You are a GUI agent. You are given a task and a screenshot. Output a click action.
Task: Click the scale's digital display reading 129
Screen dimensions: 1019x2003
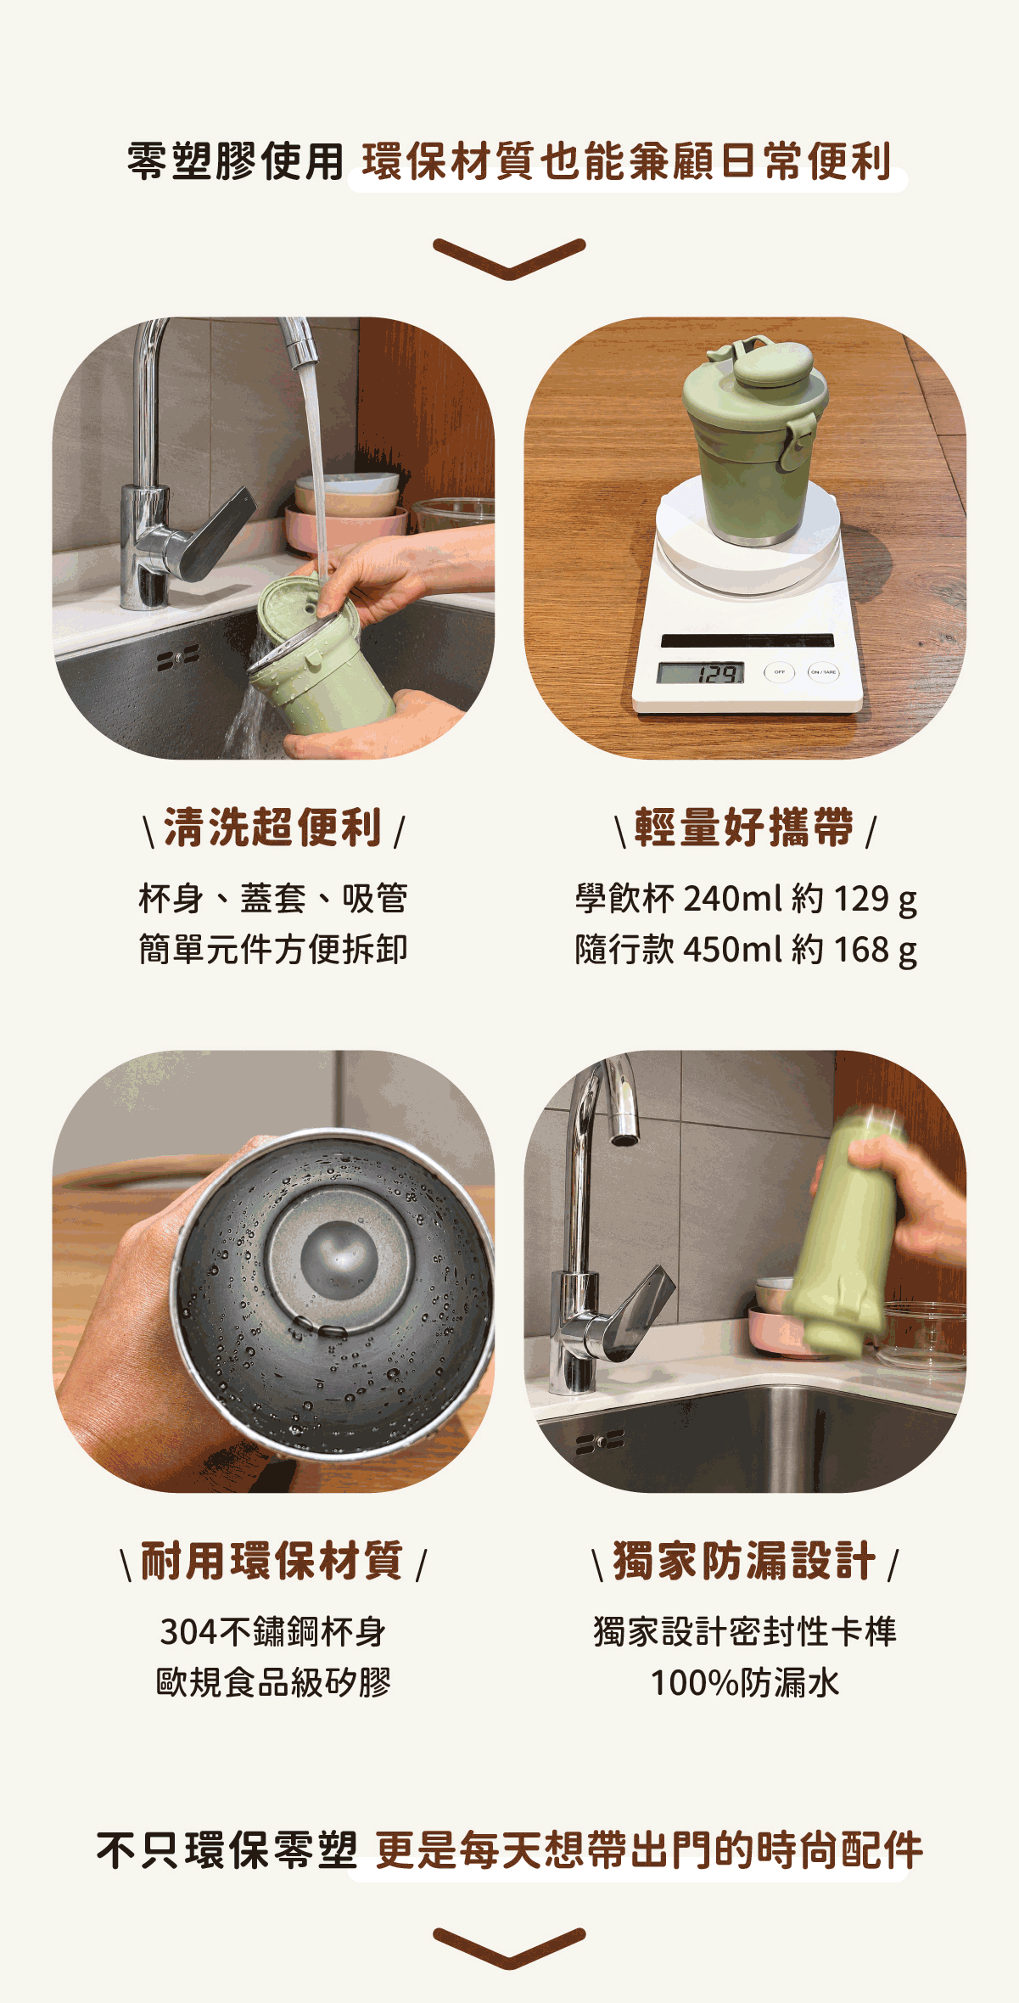pyautogui.click(x=700, y=673)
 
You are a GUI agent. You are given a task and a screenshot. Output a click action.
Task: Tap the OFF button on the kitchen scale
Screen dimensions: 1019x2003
pyautogui.click(x=779, y=672)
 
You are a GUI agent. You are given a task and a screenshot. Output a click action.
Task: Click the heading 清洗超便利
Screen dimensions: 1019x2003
pyautogui.click(x=272, y=828)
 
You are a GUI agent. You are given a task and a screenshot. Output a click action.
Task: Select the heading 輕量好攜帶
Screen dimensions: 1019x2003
pyautogui.click(x=744, y=828)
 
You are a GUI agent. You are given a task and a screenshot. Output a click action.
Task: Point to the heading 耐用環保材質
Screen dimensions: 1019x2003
pyautogui.click(x=272, y=1561)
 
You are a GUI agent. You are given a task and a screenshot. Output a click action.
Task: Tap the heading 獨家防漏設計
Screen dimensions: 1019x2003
pyautogui.click(x=744, y=1561)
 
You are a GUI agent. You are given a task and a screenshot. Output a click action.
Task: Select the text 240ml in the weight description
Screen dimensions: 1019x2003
pyautogui.click(x=732, y=899)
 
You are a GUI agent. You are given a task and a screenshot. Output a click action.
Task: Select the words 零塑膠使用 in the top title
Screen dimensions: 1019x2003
pyautogui.click(x=235, y=161)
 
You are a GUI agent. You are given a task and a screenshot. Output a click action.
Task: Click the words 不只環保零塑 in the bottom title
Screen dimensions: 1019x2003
pyautogui.click(x=226, y=1850)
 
